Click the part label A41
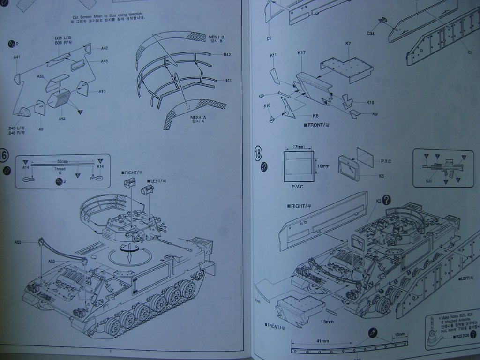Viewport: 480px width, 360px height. coord(17,57)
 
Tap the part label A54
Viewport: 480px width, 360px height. coord(62,119)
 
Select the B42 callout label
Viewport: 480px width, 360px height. coord(227,55)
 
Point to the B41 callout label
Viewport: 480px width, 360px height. coord(228,81)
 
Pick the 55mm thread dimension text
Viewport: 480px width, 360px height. coord(62,161)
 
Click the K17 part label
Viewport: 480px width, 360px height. coord(301,53)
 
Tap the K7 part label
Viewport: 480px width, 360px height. coord(348,44)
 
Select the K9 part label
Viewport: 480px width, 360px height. coord(375,114)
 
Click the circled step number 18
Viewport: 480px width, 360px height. coord(258,153)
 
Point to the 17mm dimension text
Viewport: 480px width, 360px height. coord(298,147)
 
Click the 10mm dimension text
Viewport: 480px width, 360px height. coord(323,166)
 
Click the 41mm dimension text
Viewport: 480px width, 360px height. coord(321,341)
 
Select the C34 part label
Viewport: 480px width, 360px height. coord(370,34)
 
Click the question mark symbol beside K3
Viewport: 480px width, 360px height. coord(386,200)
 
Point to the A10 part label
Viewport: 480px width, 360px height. coord(102,91)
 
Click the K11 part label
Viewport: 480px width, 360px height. coord(273,55)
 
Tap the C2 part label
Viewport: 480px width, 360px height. coord(269,38)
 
